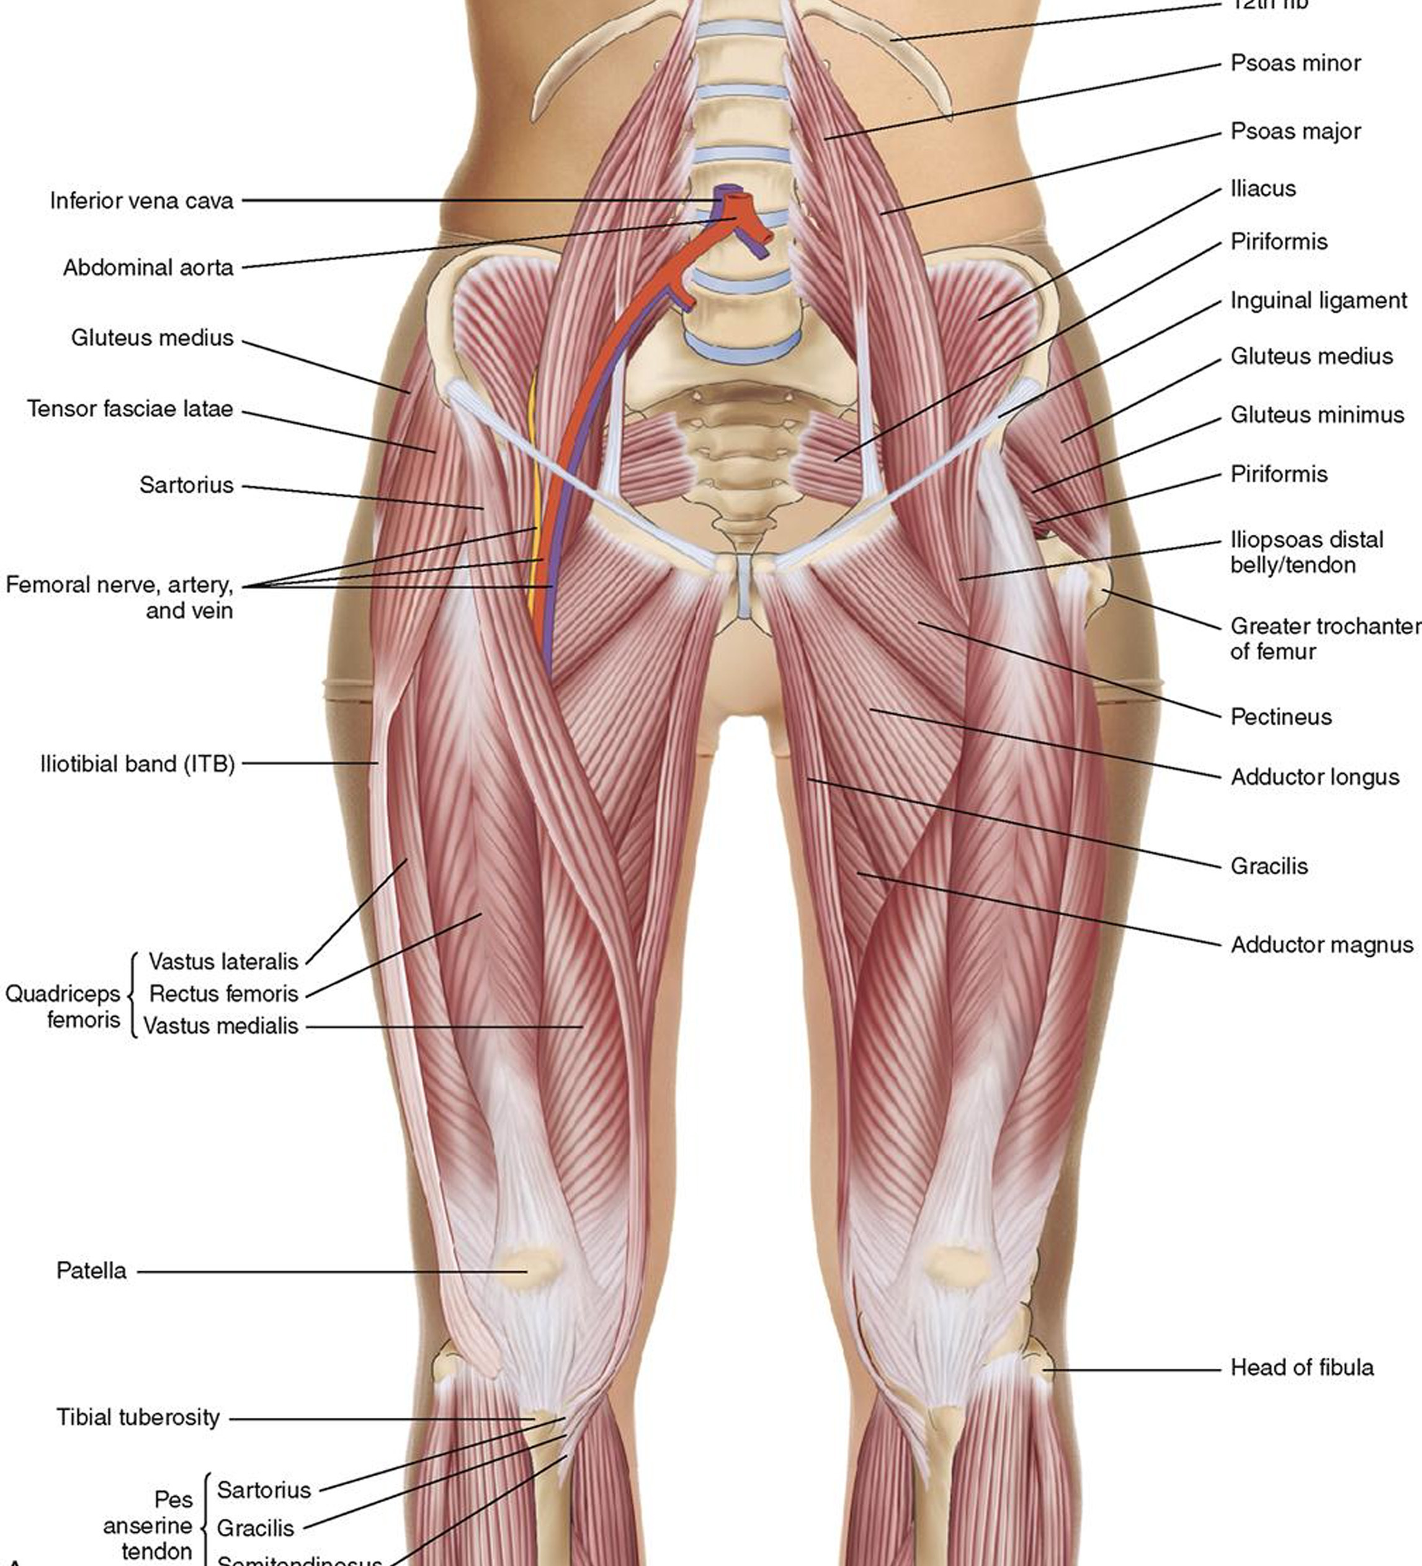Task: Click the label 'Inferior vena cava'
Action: click(x=141, y=200)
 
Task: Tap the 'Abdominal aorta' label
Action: click(x=148, y=267)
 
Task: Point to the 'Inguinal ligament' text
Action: click(x=1318, y=301)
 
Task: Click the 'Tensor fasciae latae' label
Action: click(x=130, y=409)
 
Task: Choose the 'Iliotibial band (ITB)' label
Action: click(x=138, y=764)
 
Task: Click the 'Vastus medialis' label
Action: click(x=221, y=1026)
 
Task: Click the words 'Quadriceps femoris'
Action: click(x=63, y=1007)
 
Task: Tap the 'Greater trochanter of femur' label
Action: click(x=1324, y=638)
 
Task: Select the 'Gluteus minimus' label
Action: click(x=1317, y=415)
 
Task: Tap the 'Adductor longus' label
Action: click(x=1314, y=777)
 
